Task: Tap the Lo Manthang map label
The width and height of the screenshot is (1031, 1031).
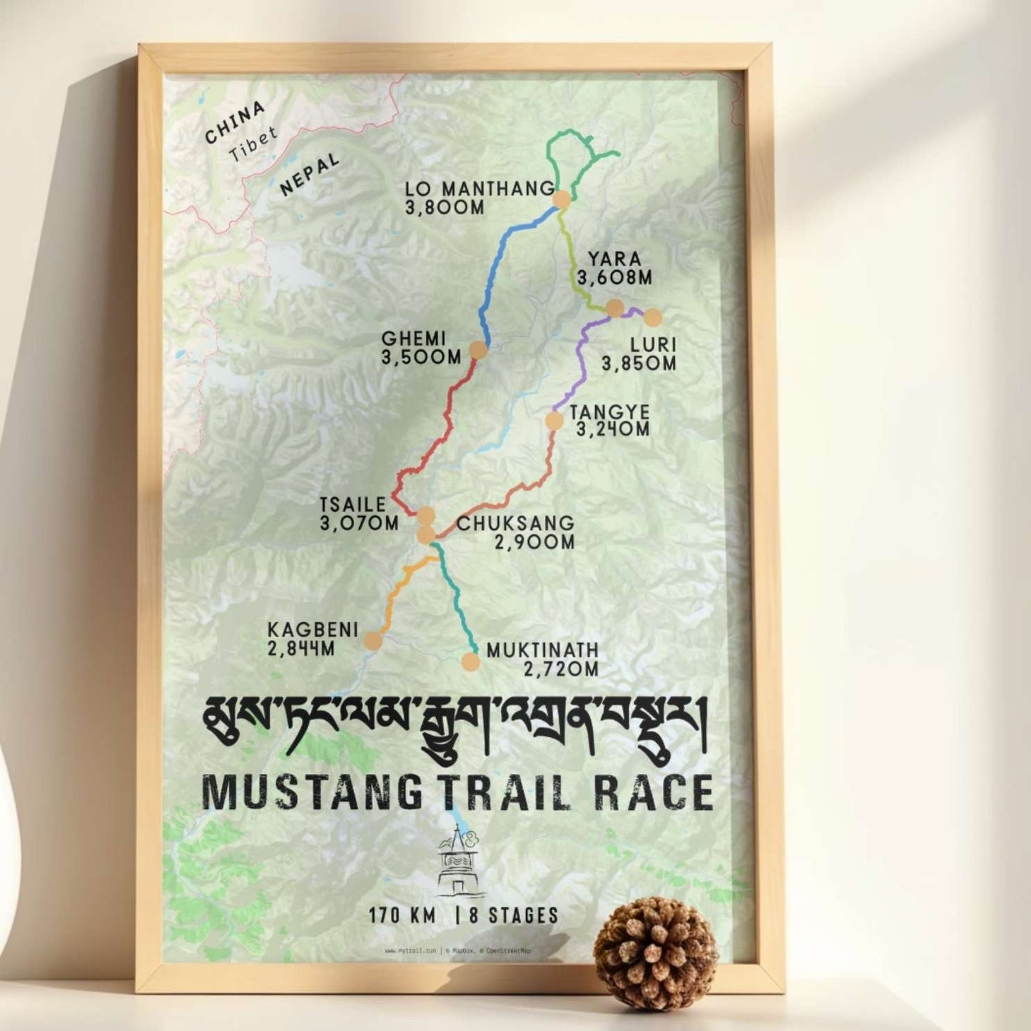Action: (x=479, y=189)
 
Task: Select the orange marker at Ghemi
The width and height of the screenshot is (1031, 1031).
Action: (x=477, y=350)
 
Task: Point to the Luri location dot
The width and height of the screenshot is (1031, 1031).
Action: (x=653, y=318)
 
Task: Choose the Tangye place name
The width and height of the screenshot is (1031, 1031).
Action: (x=609, y=412)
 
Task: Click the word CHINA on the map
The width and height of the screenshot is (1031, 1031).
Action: (x=235, y=123)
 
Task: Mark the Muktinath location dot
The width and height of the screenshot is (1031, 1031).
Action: (x=470, y=662)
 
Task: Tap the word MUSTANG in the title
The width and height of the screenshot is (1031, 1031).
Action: (x=313, y=792)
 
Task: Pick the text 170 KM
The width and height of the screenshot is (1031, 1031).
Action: (x=402, y=915)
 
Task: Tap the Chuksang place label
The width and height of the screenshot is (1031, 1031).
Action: (x=515, y=523)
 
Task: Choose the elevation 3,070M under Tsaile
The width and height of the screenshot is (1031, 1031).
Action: (x=360, y=523)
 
